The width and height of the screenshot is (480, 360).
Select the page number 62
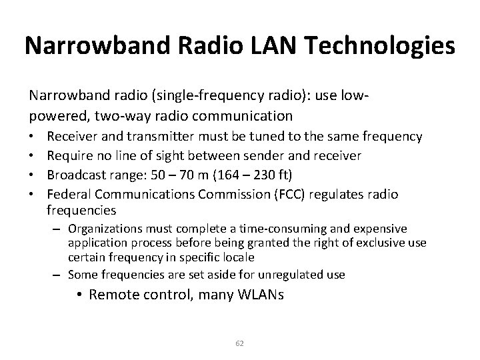tap(240, 343)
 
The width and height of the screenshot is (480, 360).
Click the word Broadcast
tap(77, 174)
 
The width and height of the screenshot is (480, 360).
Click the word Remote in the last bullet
tap(115, 294)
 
